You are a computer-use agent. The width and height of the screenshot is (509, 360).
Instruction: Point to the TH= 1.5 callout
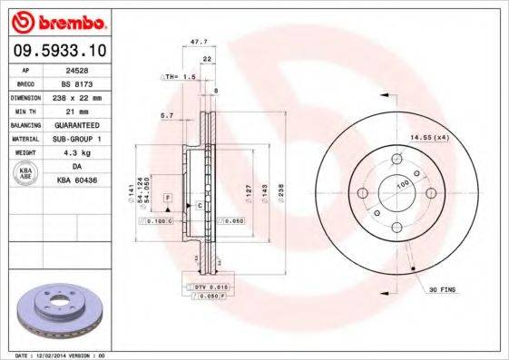point(182,77)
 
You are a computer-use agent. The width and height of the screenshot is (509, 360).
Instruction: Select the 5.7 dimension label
point(167,115)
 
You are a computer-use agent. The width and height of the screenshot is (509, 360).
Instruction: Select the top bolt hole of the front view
point(396,161)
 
